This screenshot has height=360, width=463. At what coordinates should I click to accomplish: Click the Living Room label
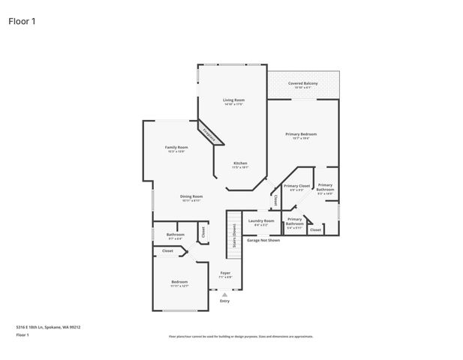point(233,100)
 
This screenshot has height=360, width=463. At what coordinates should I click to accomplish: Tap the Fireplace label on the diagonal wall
point(211,134)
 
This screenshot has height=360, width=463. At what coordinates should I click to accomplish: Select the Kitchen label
point(240,163)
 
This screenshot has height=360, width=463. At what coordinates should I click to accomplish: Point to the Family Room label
point(176,147)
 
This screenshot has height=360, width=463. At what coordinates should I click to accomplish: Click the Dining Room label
point(191,196)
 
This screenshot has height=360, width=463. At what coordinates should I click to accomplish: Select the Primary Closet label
point(296,185)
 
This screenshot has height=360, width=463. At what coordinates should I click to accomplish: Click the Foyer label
point(225,272)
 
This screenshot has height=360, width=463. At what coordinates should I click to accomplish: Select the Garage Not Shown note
point(263,240)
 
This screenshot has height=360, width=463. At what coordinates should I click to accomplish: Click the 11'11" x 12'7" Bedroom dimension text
point(179,286)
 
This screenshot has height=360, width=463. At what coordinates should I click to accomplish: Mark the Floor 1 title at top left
point(22,21)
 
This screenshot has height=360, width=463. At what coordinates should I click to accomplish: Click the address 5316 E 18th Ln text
point(48,327)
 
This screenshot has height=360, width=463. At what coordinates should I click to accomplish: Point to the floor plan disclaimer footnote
point(240,337)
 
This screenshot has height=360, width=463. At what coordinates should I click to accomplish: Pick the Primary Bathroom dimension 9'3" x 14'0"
point(325,193)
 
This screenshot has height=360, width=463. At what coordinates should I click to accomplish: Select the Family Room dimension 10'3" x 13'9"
point(176,151)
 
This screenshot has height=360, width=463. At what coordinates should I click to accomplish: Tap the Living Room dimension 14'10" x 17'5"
point(233,104)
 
